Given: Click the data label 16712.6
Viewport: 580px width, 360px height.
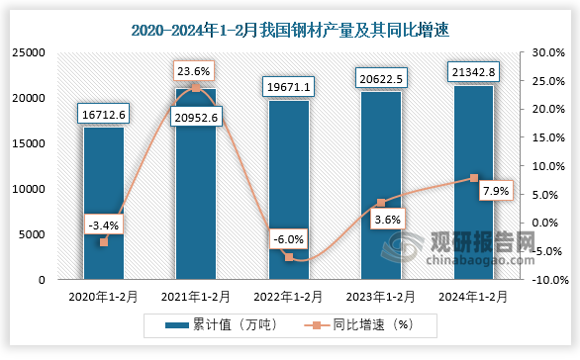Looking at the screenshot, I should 104,116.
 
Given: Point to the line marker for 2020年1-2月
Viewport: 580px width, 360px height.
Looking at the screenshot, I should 103,242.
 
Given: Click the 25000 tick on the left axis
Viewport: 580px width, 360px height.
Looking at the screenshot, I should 29,52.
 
